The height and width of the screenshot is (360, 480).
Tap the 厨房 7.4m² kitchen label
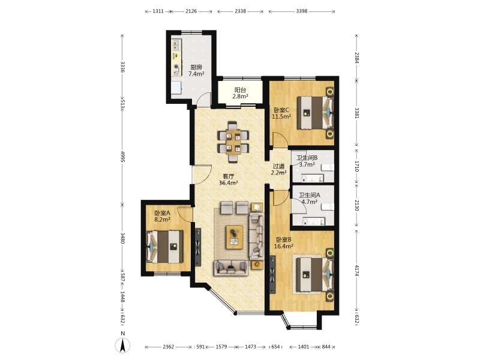[x=196, y=70]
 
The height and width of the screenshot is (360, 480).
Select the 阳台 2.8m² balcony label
[x=240, y=93]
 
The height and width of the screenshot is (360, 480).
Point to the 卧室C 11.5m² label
[x=281, y=113]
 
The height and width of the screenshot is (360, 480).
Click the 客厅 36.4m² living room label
[x=229, y=179]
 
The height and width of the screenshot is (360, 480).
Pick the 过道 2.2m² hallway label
[x=278, y=169]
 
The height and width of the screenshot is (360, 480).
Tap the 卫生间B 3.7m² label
[x=307, y=161]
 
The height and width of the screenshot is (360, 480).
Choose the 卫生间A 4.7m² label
[x=310, y=199]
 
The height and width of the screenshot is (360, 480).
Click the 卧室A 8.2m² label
[x=162, y=216]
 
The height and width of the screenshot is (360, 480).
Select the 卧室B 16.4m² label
[x=284, y=243]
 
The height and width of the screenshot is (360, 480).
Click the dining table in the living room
[x=233, y=142]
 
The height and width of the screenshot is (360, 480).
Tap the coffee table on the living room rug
[x=235, y=237]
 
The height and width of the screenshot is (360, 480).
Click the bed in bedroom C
[x=316, y=113]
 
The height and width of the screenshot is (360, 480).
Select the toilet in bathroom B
[x=328, y=167]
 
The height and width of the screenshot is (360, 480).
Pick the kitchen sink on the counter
[x=175, y=46]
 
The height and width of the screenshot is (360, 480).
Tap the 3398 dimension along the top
[x=302, y=11]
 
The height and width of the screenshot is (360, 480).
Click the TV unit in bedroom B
[x=272, y=275]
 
